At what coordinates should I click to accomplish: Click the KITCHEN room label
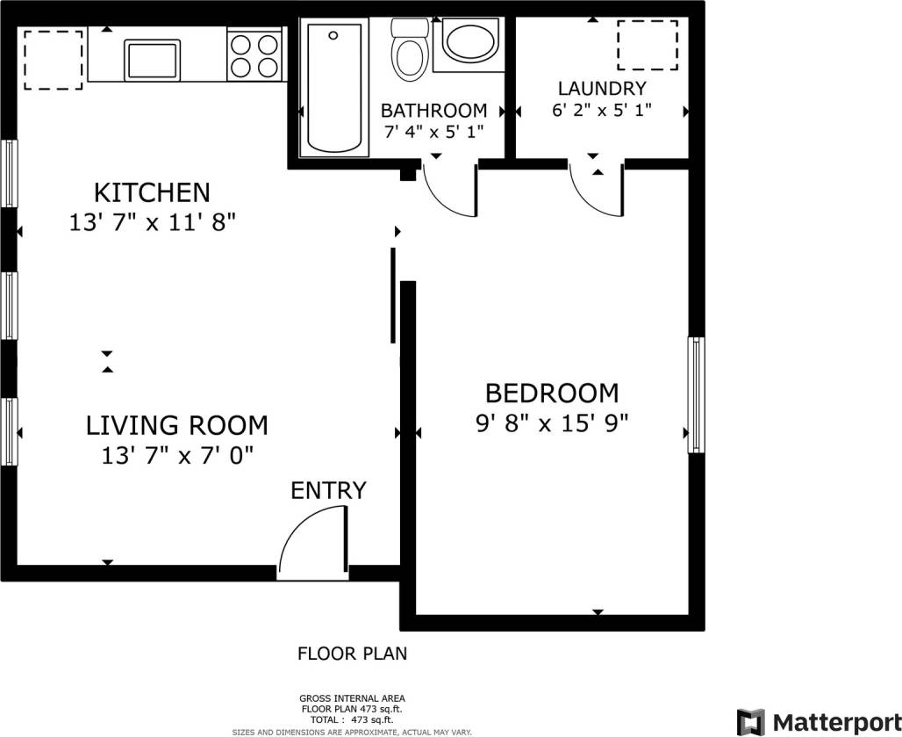[152, 191]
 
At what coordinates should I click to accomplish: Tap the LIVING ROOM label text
[176, 425]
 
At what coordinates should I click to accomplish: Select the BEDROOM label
[551, 392]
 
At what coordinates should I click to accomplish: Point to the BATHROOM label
[433, 111]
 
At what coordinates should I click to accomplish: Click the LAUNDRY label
[602, 88]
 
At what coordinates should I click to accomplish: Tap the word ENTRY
[328, 490]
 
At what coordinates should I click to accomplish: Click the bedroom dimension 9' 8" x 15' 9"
[551, 424]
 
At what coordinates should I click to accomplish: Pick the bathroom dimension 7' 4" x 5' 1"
[433, 133]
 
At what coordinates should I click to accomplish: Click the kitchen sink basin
[154, 60]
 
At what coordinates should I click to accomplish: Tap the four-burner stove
[254, 54]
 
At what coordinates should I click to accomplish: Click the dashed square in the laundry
[648, 44]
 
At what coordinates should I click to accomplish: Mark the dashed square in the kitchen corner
[53, 60]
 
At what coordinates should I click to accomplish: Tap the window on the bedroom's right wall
[696, 394]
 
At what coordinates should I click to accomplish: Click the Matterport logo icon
[750, 721]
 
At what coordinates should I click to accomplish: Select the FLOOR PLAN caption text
[352, 654]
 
